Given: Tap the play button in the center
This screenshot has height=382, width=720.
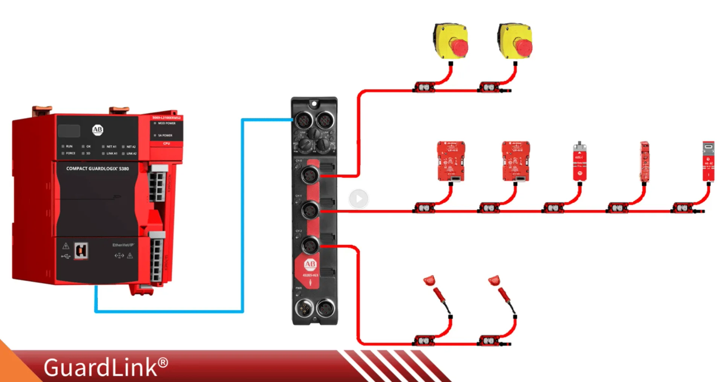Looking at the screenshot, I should coord(358,198).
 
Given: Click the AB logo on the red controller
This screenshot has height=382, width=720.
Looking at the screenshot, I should coord(98,130).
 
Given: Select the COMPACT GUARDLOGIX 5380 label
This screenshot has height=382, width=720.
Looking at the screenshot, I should coord(98,169).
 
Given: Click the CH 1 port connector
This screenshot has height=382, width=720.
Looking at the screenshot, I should coord(310,210).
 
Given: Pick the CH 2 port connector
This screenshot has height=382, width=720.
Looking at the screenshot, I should coord(310,246).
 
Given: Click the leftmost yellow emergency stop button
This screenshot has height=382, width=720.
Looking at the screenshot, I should coord(451,41).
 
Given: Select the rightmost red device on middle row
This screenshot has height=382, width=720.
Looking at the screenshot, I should coord(708,162).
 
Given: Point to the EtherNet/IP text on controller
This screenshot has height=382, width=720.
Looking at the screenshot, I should coord(123,245).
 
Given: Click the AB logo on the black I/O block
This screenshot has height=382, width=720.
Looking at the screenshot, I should coord(310,264).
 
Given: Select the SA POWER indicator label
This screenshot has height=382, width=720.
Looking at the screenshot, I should coord(165,135).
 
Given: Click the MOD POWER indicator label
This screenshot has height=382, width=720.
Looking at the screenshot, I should coord(166,123).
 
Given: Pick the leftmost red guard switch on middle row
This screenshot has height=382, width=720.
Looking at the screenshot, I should coord(451,161).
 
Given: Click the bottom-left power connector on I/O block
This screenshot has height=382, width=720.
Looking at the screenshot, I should coord(304,309).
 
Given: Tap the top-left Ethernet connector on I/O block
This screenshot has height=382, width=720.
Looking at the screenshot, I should coord(303,121).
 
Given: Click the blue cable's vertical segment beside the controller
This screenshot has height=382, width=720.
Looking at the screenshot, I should coord(243,215).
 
